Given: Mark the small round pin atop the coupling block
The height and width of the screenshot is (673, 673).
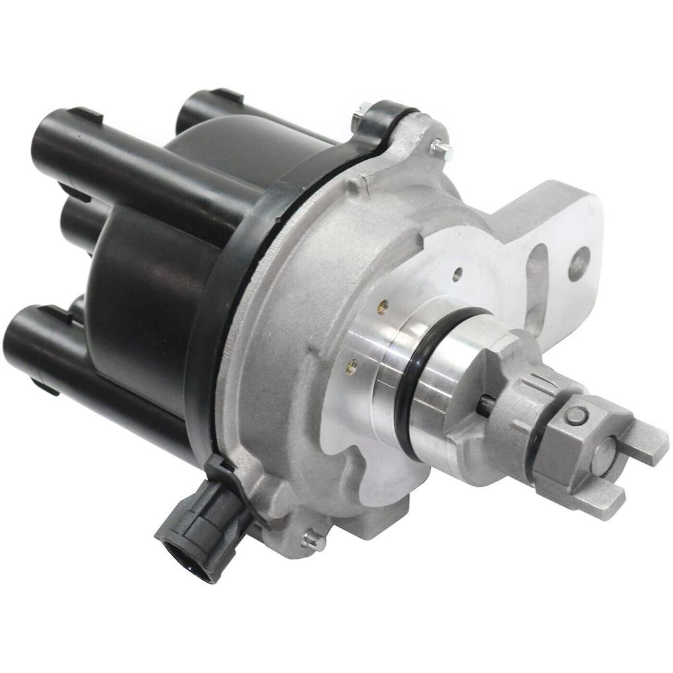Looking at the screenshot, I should tap(577, 416).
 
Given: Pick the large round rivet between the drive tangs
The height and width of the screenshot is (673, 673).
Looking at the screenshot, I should tap(604, 456).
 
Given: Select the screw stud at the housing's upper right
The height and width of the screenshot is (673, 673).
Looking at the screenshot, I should tap(440, 149).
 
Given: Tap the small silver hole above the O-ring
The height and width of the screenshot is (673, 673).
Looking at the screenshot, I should tap(458, 270).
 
